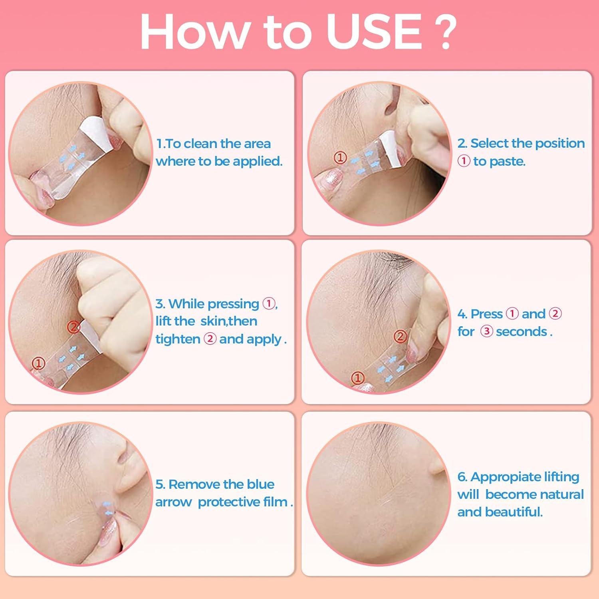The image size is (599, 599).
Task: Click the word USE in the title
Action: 374,32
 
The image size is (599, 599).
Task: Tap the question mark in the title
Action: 443,32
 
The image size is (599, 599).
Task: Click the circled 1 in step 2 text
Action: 464,161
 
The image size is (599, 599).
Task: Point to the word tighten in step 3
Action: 178,339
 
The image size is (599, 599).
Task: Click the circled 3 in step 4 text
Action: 486,331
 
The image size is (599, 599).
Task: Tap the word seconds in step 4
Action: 522,331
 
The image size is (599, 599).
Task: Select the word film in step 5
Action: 277,502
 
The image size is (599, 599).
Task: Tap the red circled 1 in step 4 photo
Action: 357,377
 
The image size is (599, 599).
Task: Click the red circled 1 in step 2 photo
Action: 340,158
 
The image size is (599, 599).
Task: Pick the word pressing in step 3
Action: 234,304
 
